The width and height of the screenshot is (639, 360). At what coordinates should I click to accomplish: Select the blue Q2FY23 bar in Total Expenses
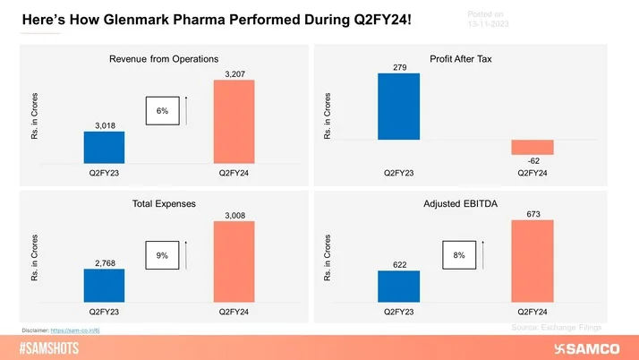pyautogui.click(x=104, y=285)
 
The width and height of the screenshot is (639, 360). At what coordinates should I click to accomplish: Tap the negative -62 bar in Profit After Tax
pyautogui.click(x=532, y=148)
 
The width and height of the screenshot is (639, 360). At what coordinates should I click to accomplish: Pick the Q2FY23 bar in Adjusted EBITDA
pyautogui.click(x=398, y=287)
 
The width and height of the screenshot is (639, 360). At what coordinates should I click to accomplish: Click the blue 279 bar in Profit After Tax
pyautogui.click(x=398, y=106)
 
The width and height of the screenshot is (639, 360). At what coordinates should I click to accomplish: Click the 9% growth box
pyautogui.click(x=162, y=256)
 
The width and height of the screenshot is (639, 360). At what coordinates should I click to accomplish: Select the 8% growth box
pyautogui.click(x=459, y=255)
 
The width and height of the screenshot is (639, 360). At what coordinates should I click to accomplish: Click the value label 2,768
pyautogui.click(x=104, y=261)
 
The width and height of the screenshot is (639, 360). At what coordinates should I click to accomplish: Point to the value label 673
pyautogui.click(x=532, y=214)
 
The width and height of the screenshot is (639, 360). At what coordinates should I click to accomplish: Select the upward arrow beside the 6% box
pyautogui.click(x=196, y=110)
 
